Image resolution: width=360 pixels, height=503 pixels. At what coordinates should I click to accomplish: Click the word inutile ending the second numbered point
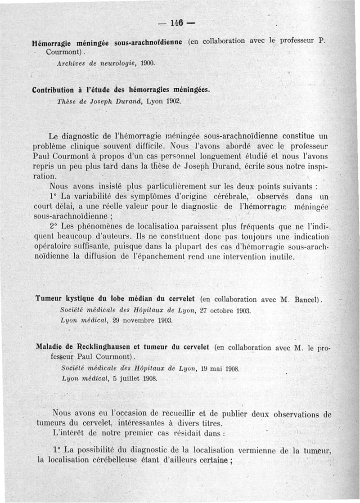click(280, 257)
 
